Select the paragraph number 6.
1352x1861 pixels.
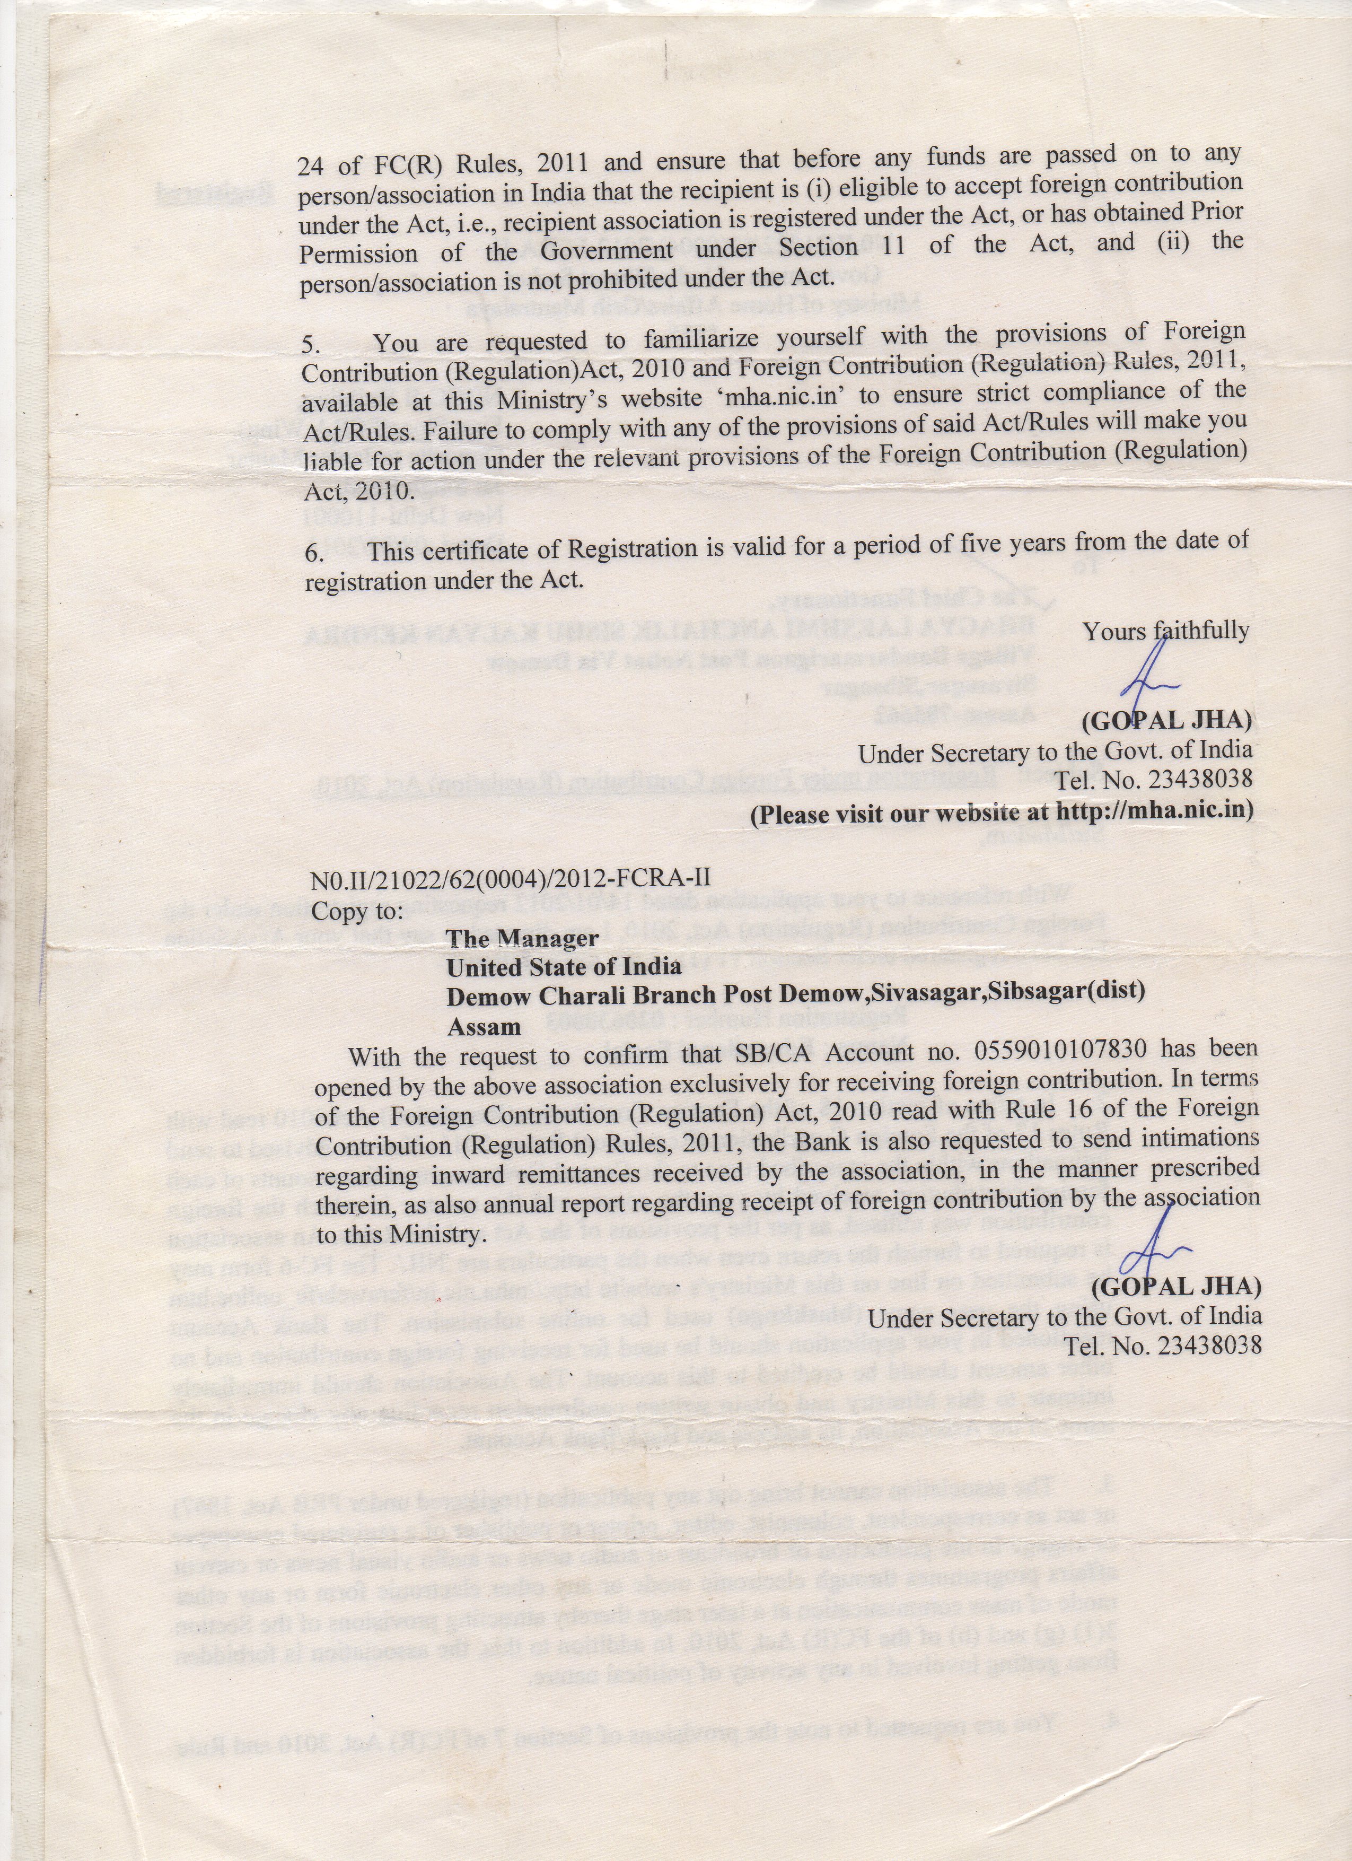(313, 553)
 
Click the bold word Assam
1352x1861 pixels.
(484, 1027)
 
